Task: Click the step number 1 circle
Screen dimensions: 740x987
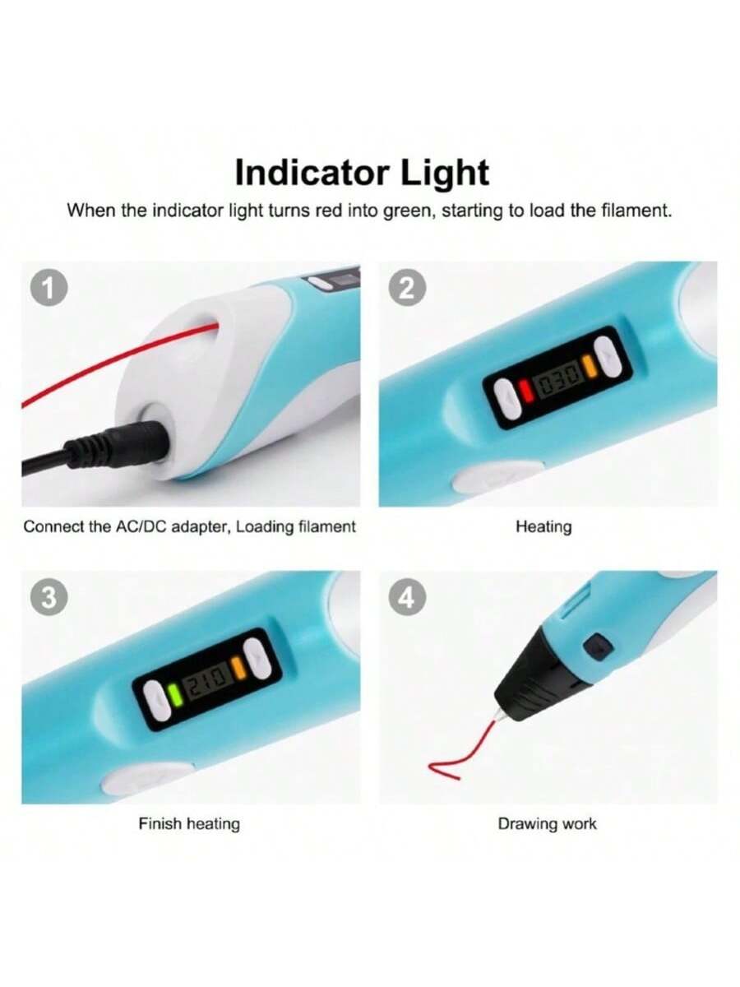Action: click(49, 288)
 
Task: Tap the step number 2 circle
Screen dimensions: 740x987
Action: click(407, 288)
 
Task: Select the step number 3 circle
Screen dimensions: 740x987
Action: click(49, 598)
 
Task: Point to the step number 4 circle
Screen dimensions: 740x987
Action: click(407, 598)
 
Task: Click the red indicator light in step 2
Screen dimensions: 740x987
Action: click(525, 391)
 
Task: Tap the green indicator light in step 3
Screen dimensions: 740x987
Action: click(173, 696)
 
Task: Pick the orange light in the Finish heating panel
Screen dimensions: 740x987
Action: click(238, 670)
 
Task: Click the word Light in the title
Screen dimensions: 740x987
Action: click(444, 173)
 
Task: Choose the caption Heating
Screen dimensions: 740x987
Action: click(543, 526)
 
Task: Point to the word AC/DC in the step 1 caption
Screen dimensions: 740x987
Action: click(141, 526)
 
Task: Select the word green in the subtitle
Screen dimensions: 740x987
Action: click(409, 211)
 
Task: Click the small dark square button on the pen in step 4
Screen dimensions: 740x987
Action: click(598, 647)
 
